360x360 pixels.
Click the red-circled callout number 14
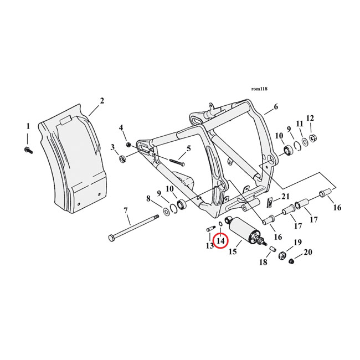(221, 240)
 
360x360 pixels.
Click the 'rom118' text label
(259, 89)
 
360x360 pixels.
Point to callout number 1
(28, 126)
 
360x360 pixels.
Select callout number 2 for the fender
(102, 100)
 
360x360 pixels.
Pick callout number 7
(126, 210)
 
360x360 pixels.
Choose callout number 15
(233, 251)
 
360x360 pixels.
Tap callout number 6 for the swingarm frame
(276, 107)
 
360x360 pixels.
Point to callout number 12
(310, 118)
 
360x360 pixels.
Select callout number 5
(188, 148)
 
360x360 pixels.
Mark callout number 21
(286, 197)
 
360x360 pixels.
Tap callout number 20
(308, 252)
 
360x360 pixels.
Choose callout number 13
(209, 245)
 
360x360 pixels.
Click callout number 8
(148, 198)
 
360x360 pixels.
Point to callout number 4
(122, 128)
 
